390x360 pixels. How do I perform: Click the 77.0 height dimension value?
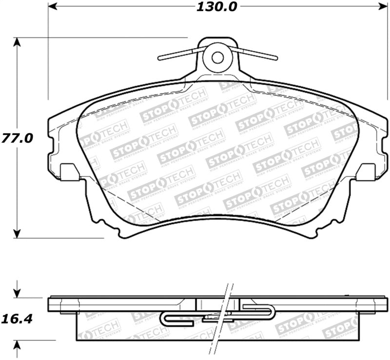tap(19, 138)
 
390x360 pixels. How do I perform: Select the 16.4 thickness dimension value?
tap(19, 319)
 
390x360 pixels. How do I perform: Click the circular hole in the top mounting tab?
tap(217, 57)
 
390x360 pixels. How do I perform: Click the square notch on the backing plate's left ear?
tap(69, 172)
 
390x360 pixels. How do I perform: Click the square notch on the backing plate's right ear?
tap(366, 172)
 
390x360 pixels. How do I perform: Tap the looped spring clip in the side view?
tap(217, 315)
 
